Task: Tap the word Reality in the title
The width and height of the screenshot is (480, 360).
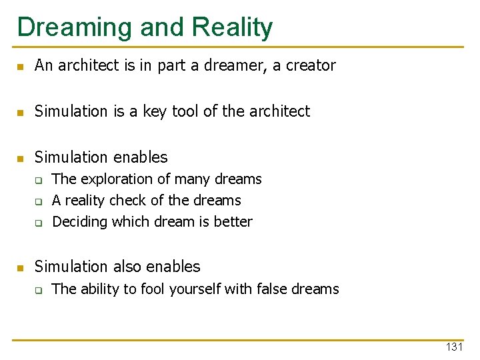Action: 232,27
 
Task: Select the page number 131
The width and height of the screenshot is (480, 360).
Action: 454,347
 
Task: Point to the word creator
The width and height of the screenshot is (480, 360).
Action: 311,65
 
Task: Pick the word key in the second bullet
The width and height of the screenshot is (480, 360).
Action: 156,111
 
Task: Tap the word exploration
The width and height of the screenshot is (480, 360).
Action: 116,179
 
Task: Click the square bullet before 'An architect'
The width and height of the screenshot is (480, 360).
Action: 20,67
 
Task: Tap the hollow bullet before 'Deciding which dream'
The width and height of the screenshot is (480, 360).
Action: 39,223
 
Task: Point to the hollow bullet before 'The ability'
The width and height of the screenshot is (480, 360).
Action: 39,290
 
